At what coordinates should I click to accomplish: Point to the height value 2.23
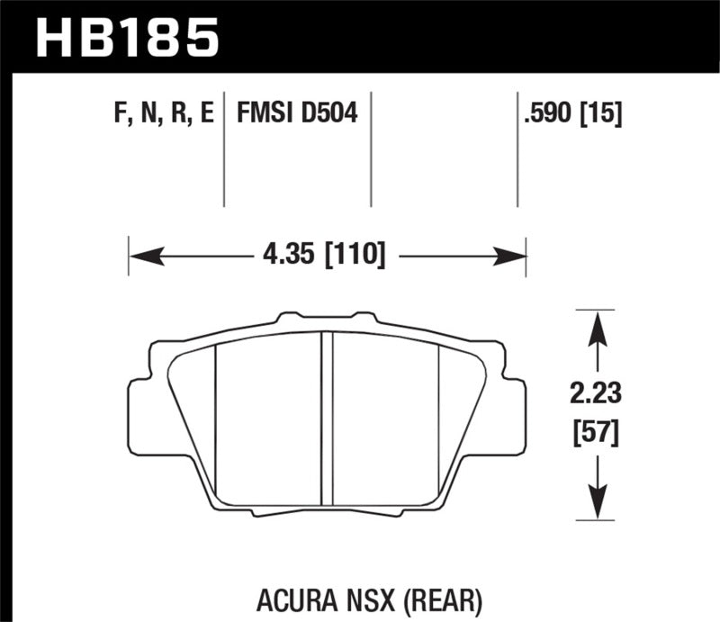click(595, 394)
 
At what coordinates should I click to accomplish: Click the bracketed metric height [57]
click(595, 435)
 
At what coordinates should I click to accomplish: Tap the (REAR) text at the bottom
click(438, 596)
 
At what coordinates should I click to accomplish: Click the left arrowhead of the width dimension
click(144, 257)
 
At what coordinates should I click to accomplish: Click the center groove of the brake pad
click(328, 414)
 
